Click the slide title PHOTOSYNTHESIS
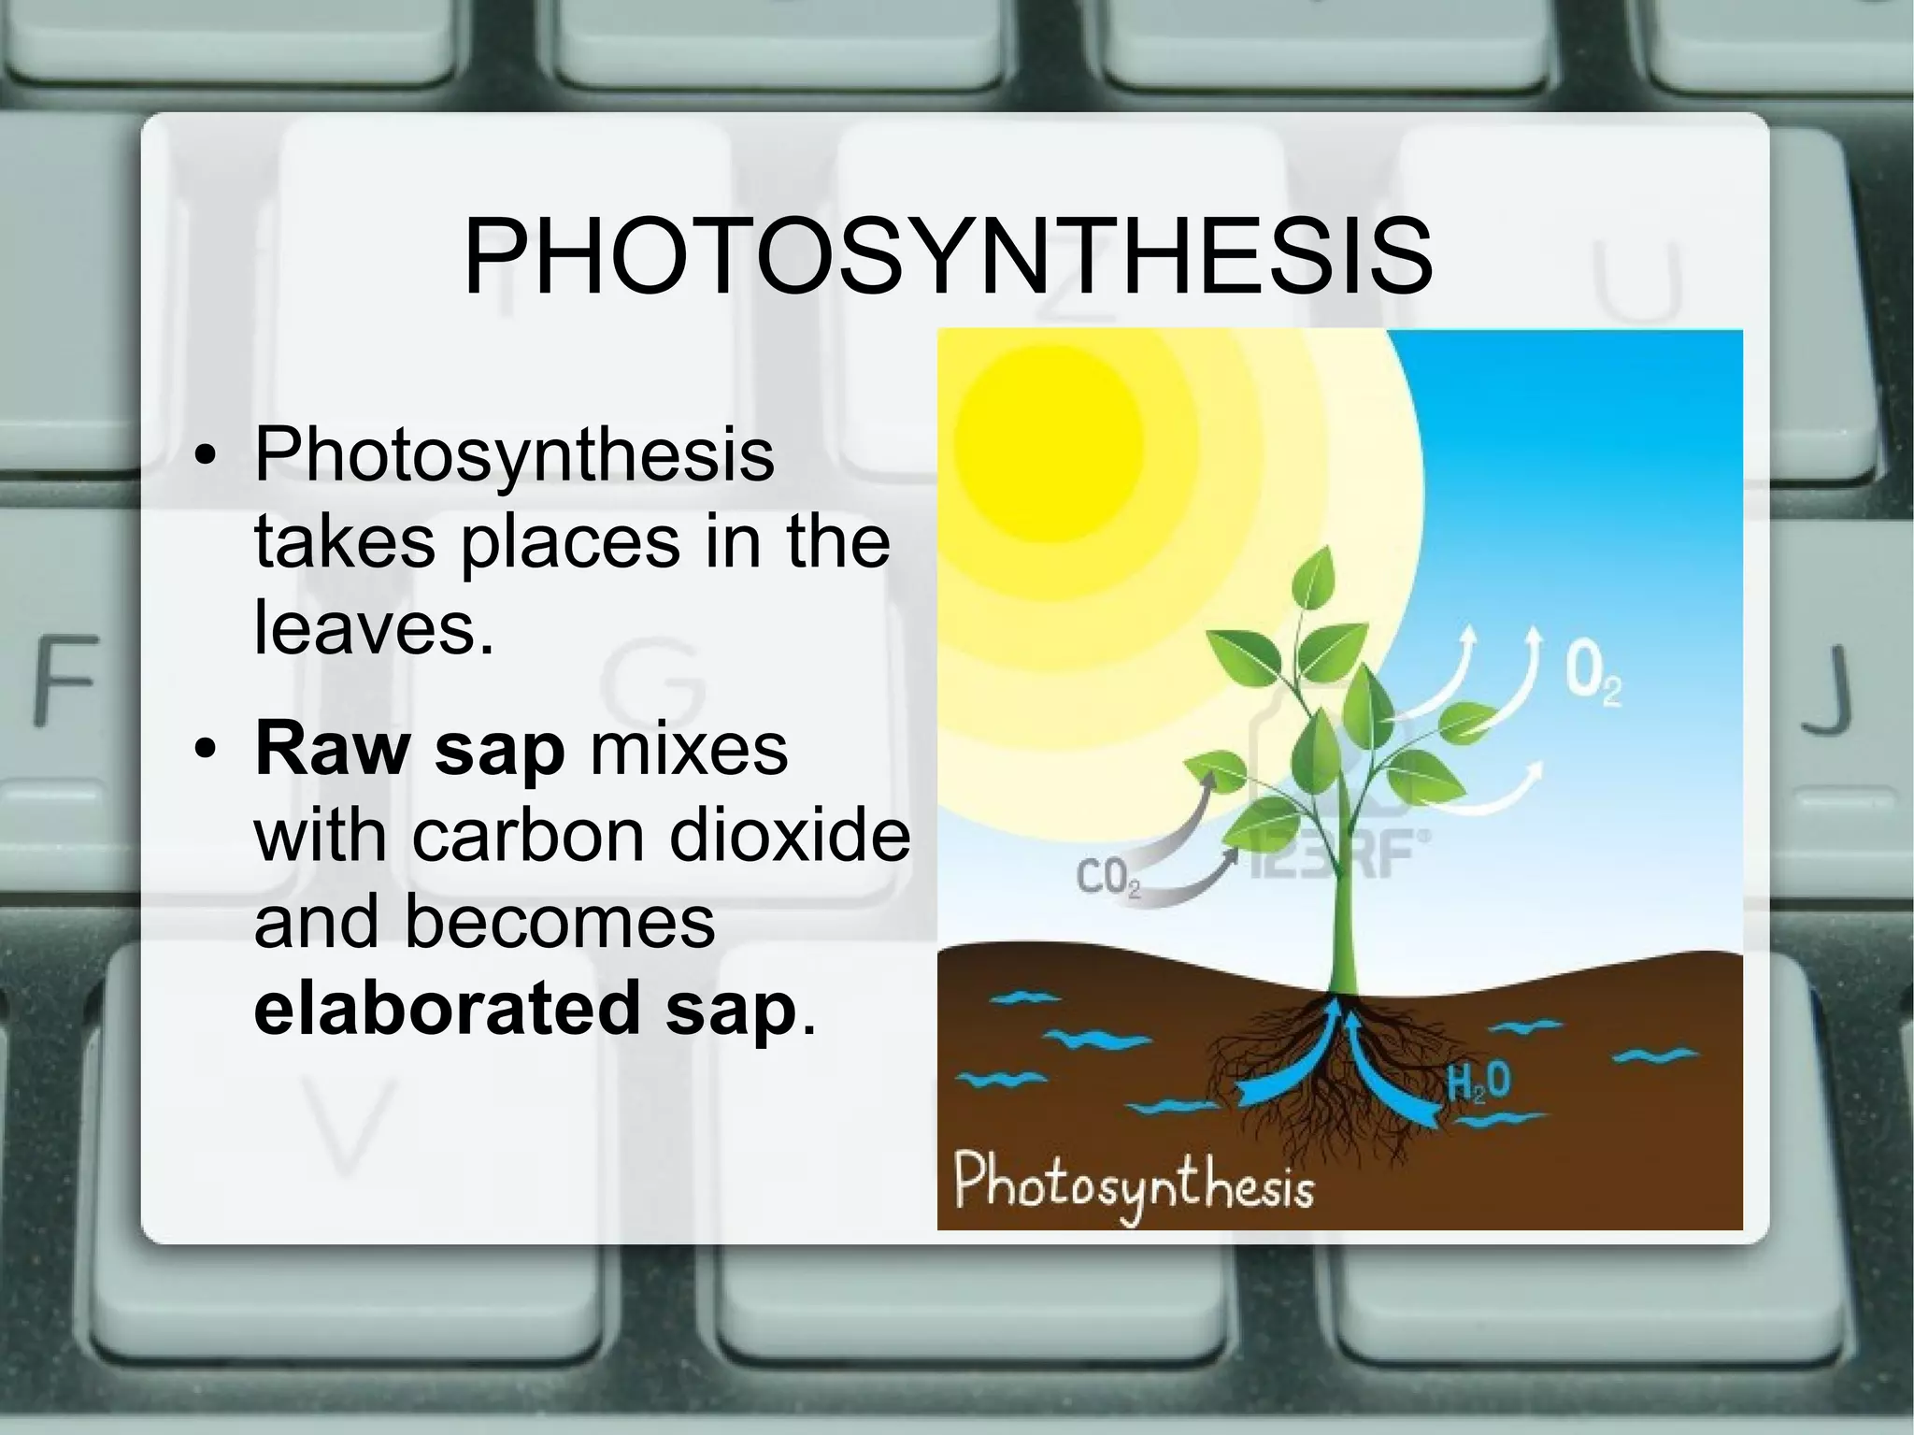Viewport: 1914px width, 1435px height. tap(948, 255)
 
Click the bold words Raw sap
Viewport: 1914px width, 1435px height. tap(409, 750)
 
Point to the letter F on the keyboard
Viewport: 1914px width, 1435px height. tap(65, 680)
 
